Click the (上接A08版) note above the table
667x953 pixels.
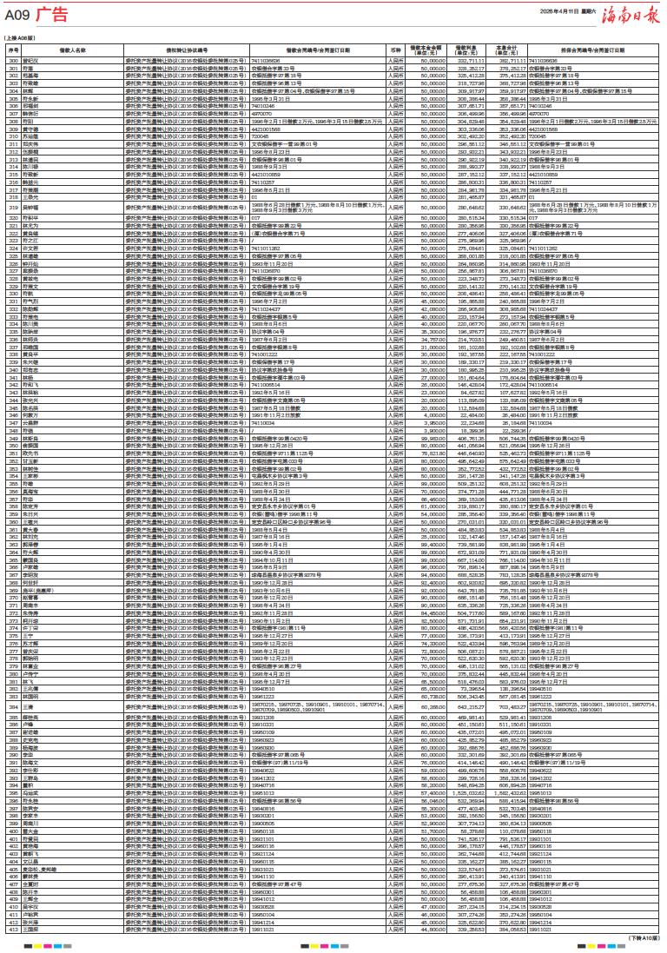(x=20, y=39)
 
